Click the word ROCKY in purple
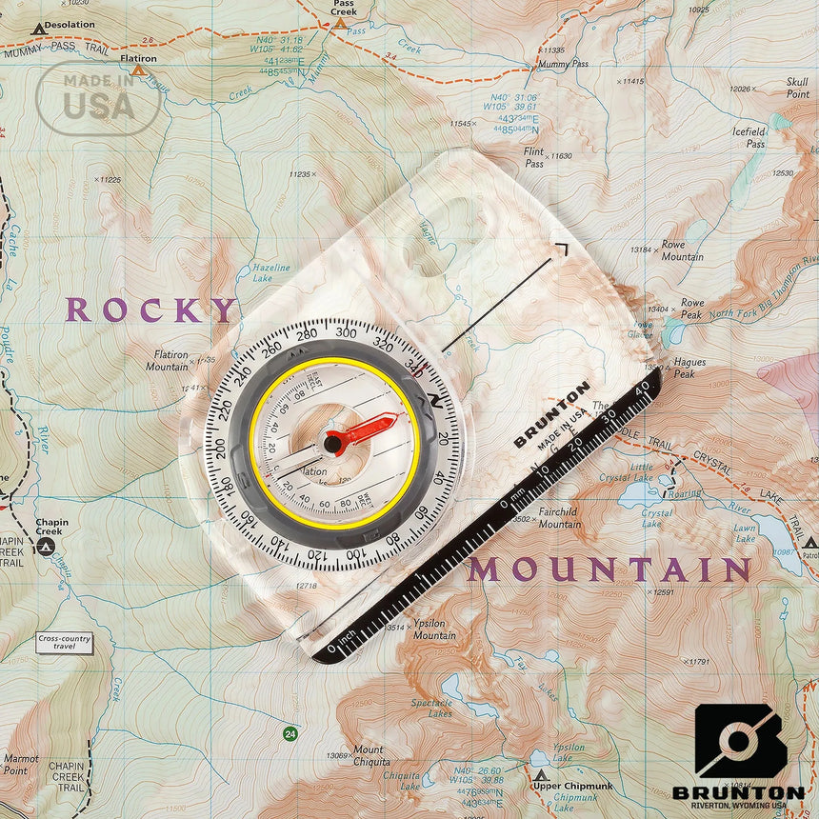pos(150,310)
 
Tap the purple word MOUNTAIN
pos(609,570)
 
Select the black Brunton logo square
pos(740,742)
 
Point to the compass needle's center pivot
pos(333,443)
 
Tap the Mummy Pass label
pos(563,64)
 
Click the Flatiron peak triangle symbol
pos(138,70)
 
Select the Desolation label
pos(70,25)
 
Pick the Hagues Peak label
pos(689,368)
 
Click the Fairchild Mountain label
pos(559,517)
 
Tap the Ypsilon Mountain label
pos(433,629)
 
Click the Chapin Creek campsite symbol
pos(44,547)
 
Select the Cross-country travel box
pos(65,642)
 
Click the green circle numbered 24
pos(290,733)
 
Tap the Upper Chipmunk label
pos(573,786)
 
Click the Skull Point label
pos(797,89)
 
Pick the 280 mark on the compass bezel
pos(307,333)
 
